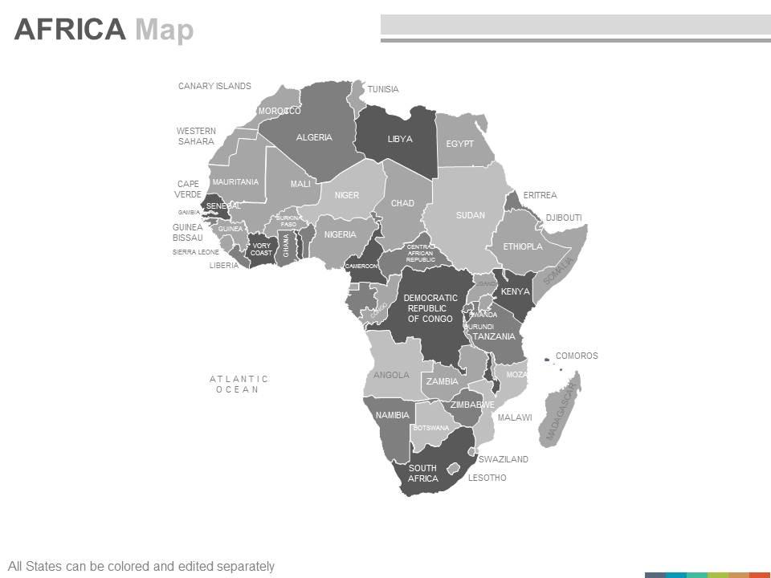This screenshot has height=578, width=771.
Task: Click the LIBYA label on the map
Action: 400,139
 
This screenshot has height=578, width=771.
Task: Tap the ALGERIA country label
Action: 314,137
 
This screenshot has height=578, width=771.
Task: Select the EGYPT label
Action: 460,144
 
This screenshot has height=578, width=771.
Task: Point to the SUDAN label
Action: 471,215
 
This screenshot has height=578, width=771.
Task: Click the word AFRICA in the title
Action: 70,30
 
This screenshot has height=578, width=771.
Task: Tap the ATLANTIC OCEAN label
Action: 239,385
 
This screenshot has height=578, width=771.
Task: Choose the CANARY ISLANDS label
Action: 214,86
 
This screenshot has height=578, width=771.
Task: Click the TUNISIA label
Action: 383,89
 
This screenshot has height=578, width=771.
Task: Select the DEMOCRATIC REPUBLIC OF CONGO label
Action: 430,308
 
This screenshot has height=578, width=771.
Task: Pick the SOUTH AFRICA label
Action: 422,474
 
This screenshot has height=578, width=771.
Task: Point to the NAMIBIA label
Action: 393,415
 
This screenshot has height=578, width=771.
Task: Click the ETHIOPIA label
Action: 523,246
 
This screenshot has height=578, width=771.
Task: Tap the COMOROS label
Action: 577,356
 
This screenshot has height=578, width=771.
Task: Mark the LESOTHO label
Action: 487,478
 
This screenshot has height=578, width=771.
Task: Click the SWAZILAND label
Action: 504,459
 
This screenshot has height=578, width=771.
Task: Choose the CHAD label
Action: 402,203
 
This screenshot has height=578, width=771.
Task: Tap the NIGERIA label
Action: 340,234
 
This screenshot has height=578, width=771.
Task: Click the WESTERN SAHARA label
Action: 196,136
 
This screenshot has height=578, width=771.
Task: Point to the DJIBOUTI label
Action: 564,218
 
